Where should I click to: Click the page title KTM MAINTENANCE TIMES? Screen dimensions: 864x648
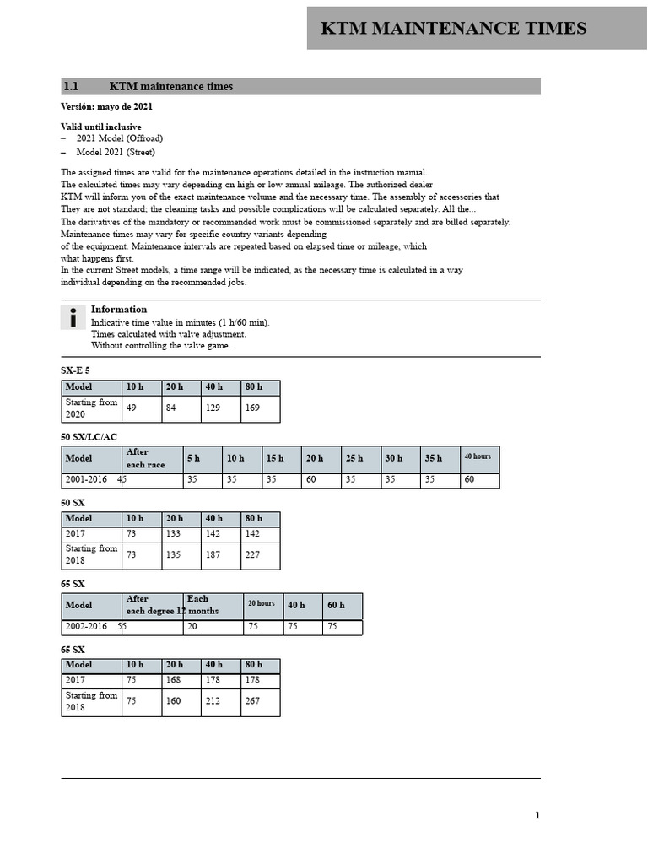coord(454,28)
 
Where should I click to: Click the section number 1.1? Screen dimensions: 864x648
coord(71,86)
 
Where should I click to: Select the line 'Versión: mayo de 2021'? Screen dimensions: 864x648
coord(106,107)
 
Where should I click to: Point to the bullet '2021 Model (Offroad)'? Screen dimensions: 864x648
coord(119,138)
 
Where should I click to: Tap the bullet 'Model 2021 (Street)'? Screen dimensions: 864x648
coord(116,152)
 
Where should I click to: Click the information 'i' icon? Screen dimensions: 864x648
coord(73,318)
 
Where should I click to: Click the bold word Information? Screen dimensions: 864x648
coord(119,310)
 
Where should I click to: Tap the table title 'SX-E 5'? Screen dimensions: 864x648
coord(75,371)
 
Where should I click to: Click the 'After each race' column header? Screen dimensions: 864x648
coord(146,458)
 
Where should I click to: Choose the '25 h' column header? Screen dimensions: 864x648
coord(354,458)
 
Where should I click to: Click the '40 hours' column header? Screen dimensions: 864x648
coord(478,456)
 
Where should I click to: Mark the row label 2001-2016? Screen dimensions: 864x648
coord(86,480)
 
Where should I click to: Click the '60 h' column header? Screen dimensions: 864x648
coord(336,605)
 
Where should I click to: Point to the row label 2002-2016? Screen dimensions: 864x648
coord(86,627)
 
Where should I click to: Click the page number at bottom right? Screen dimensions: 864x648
coord(537,815)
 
